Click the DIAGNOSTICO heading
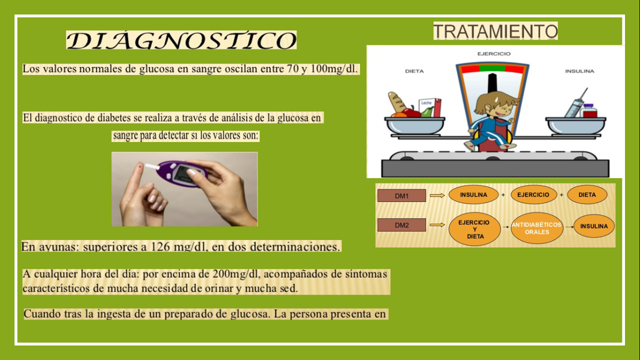(181, 40)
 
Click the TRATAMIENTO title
(495, 31)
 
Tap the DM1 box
(401, 195)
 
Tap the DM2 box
(401, 225)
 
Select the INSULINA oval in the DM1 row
(473, 194)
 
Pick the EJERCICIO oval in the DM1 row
(533, 194)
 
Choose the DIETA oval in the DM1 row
(587, 194)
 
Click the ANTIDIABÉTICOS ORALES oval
(536, 228)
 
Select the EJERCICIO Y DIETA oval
(474, 229)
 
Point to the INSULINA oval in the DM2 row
(593, 226)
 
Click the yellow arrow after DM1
(437, 195)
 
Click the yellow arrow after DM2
(437, 225)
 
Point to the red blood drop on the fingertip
(140, 165)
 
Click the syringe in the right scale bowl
(575, 103)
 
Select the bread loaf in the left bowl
(396, 102)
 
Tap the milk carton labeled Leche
(429, 107)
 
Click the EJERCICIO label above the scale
(493, 53)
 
